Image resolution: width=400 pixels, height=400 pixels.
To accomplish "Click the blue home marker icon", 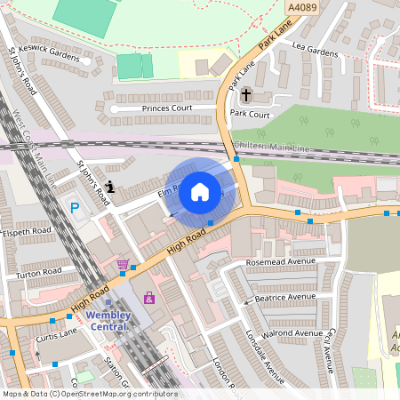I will [199, 191].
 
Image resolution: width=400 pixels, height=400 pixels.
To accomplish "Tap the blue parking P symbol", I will [75, 208].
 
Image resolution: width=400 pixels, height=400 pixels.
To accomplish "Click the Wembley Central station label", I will [108, 320].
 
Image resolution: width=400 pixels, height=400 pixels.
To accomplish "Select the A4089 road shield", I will [302, 7].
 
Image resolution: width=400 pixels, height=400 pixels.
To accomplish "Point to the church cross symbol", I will [246, 94].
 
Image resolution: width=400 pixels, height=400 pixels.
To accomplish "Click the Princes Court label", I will [167, 108].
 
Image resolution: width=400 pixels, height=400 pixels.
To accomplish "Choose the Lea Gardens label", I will [315, 52].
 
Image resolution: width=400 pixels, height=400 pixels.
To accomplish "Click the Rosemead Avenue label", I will [280, 262].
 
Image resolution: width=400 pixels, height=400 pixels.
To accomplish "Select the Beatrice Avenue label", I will [285, 297].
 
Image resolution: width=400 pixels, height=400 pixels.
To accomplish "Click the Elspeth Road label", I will [29, 239].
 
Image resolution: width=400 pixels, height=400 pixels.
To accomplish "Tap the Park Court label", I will [250, 114].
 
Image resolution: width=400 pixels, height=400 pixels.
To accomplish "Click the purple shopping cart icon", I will [123, 265].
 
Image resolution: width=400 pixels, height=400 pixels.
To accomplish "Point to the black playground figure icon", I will [109, 187].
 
